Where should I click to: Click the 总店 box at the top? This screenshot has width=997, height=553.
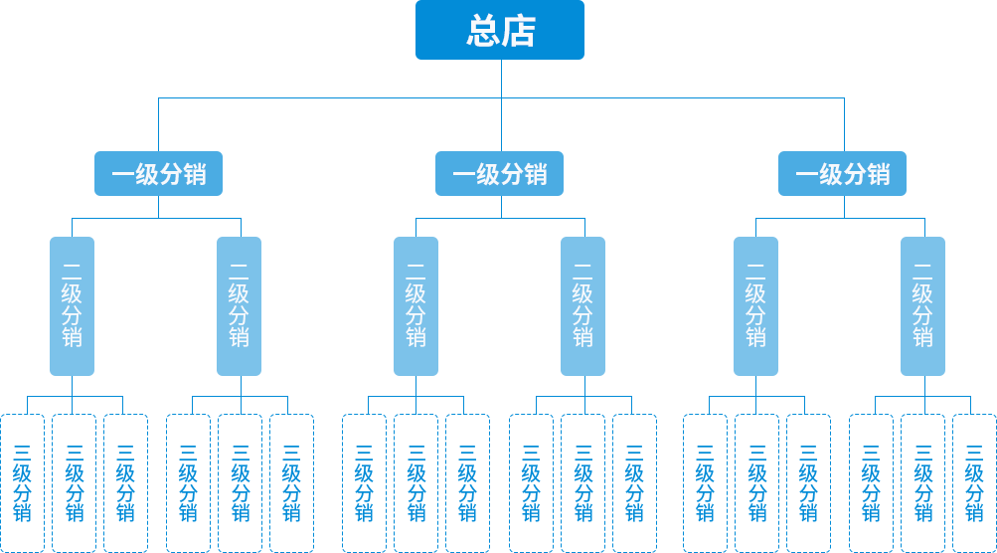click(500, 31)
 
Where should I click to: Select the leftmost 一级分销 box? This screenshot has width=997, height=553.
click(158, 174)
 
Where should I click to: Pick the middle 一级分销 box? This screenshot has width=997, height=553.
click(500, 174)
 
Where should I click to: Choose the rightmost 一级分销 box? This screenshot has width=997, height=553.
click(842, 174)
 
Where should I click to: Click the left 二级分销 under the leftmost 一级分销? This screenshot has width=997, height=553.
click(73, 305)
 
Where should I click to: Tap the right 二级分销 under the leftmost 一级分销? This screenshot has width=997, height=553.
click(240, 305)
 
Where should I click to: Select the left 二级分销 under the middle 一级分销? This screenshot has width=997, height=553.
click(415, 305)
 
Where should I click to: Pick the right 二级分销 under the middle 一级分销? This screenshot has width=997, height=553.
click(582, 305)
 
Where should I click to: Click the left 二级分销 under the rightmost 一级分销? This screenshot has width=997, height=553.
click(755, 305)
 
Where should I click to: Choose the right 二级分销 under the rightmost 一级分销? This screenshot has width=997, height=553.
click(922, 305)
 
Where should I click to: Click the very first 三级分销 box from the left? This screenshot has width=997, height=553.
click(22, 482)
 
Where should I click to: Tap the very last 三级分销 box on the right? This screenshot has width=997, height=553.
click(974, 482)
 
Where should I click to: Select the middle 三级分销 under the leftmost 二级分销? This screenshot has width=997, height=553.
click(74, 482)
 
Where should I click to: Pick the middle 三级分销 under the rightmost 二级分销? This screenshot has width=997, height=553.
click(922, 482)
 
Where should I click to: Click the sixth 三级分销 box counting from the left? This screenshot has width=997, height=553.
click(291, 482)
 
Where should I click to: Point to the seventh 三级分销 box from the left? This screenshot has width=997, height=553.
click(364, 482)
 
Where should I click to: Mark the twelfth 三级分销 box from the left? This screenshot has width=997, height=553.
click(634, 482)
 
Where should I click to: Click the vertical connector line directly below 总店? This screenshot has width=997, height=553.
click(501, 79)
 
